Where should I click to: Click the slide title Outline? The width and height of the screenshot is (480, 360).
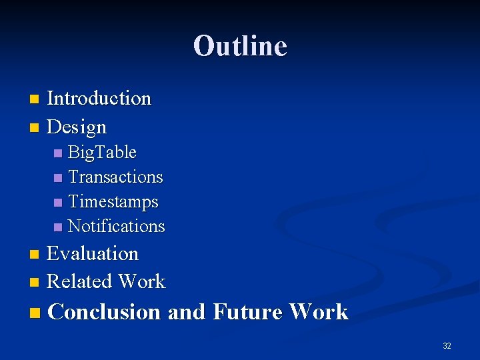point(240,46)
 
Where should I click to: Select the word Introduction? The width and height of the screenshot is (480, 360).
point(99,99)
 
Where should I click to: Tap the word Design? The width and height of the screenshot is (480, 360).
point(77,127)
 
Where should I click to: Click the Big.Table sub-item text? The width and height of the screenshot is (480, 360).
point(102,153)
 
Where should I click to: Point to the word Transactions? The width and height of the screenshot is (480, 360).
point(115,177)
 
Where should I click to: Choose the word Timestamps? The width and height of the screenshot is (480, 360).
point(113,202)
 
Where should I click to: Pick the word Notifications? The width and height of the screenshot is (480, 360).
point(116,227)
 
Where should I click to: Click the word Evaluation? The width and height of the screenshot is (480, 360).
point(93,254)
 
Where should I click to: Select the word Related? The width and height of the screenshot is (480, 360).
point(79,282)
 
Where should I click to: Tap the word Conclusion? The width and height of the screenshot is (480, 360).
point(105,312)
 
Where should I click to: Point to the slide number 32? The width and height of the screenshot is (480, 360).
point(447,346)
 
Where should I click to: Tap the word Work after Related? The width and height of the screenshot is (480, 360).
point(141,282)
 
